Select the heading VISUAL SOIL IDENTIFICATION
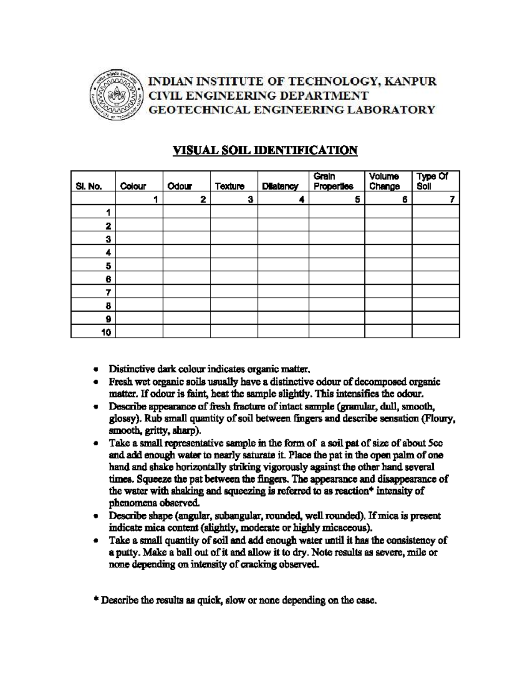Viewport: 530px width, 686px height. (x=265, y=151)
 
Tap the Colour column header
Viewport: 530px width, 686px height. (x=133, y=186)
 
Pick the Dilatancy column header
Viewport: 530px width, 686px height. (x=280, y=186)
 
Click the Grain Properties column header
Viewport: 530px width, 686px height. (x=333, y=182)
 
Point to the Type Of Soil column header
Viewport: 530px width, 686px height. (x=432, y=182)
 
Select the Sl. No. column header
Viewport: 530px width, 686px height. (x=89, y=186)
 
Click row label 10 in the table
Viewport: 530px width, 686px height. (x=106, y=333)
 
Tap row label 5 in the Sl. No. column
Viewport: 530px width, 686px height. (x=108, y=266)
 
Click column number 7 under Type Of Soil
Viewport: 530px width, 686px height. (x=452, y=200)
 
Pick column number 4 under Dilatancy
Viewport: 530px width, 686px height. (x=301, y=200)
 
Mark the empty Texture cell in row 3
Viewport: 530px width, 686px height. (x=234, y=239)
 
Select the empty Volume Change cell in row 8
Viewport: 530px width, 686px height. (x=388, y=306)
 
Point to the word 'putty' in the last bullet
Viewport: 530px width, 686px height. (x=125, y=553)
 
